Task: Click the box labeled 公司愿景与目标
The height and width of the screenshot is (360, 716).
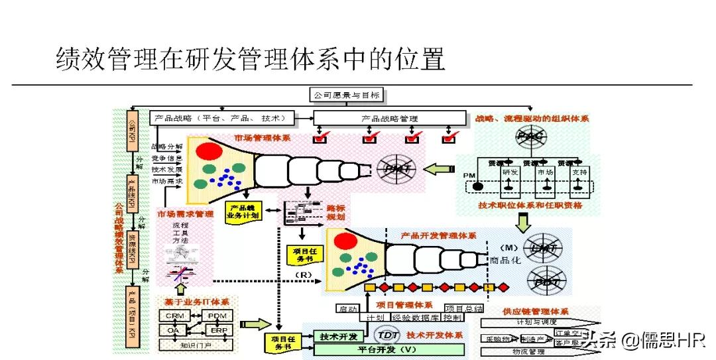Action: pyautogui.click(x=347, y=95)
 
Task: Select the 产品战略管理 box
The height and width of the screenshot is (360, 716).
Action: pyautogui.click(x=389, y=118)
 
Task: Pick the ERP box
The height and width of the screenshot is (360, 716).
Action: pyautogui.click(x=218, y=330)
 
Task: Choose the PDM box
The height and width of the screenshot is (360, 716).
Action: pyautogui.click(x=217, y=316)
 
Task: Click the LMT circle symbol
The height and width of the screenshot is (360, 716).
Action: pyautogui.click(x=543, y=249)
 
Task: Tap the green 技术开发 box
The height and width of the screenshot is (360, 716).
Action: pyautogui.click(x=337, y=335)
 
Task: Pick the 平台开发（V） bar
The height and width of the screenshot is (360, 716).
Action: pyautogui.click(x=388, y=349)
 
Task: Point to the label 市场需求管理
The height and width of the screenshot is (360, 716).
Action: pyautogui.click(x=185, y=214)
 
